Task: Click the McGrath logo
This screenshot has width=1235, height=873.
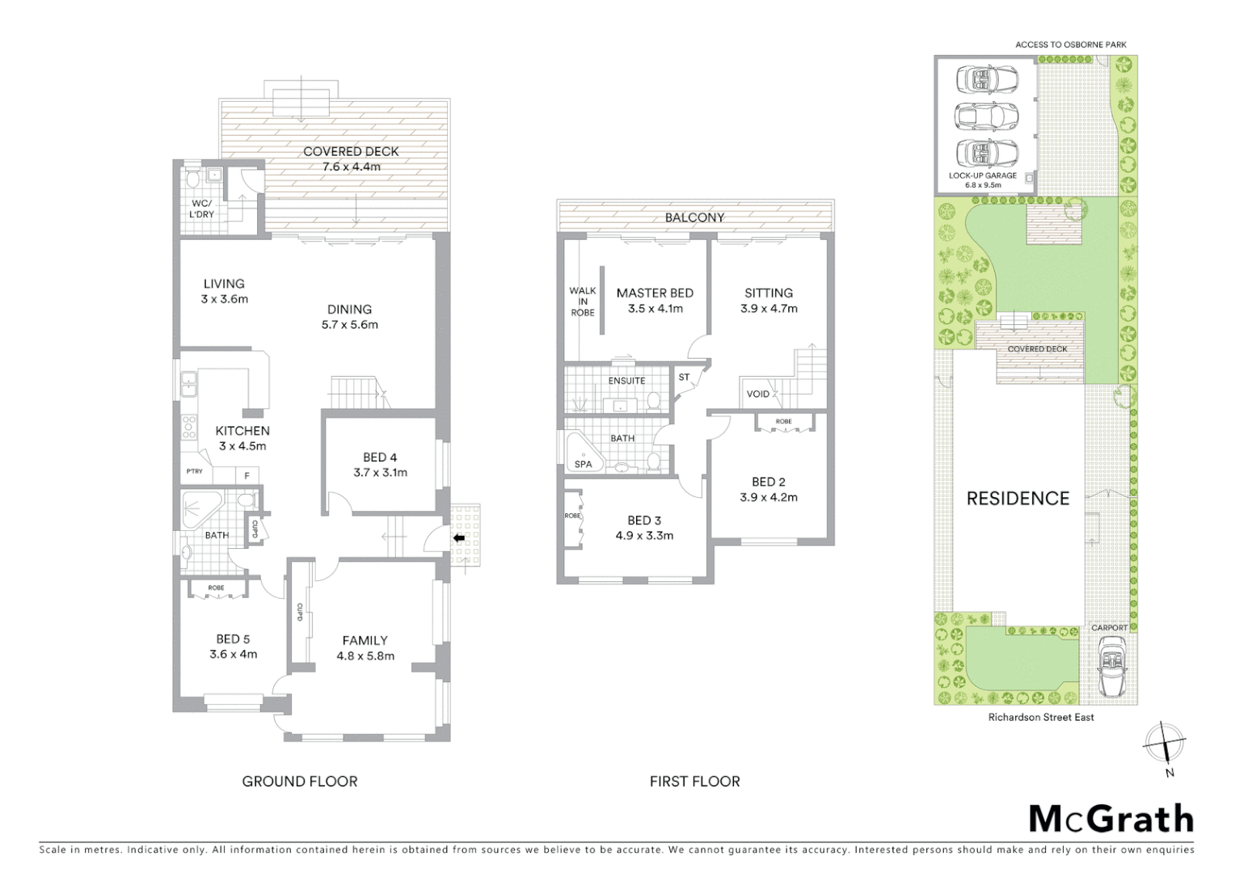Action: coord(1111,819)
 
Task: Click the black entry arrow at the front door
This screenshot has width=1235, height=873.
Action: coord(459,538)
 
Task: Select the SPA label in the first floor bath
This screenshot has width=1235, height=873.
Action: coord(583,464)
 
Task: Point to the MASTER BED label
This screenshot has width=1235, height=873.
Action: coord(655,293)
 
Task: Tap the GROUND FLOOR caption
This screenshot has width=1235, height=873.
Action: coord(300,781)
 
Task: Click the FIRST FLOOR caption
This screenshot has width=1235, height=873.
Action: coord(694,781)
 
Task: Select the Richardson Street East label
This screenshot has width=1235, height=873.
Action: coord(1040,717)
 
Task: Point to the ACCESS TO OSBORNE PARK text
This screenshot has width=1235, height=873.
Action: coord(1070,44)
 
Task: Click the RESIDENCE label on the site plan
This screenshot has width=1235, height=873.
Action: coord(1018,498)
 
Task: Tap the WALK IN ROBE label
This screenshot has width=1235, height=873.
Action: coord(583,302)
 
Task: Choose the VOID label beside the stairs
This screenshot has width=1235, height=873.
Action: coord(758,394)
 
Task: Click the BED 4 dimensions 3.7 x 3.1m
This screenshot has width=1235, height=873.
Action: coord(380,473)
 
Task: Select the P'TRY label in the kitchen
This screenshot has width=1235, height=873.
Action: coord(194,471)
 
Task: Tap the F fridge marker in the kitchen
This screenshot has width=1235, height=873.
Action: coord(247,475)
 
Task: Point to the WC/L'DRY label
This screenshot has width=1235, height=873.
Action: coord(202,209)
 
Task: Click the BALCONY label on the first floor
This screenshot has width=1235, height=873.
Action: coord(694,217)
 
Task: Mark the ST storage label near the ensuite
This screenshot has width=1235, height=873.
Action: coord(685,377)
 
